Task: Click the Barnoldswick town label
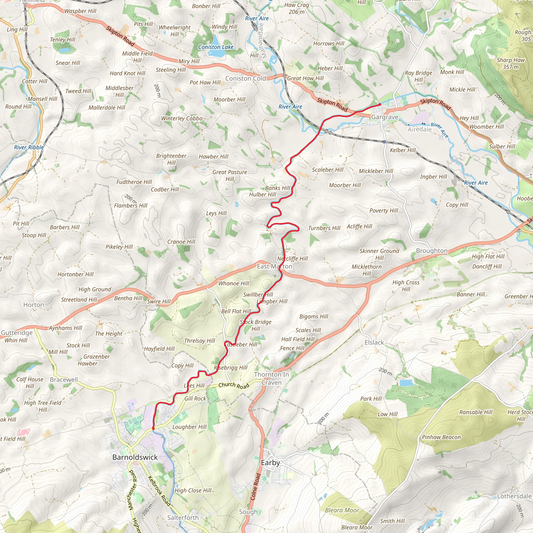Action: (x=135, y=457)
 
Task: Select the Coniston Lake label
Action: (x=216, y=47)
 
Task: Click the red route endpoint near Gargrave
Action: (x=380, y=104)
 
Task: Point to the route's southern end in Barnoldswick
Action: (x=153, y=428)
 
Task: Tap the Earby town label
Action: (x=270, y=463)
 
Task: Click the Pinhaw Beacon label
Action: (x=441, y=437)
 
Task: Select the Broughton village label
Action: (x=432, y=251)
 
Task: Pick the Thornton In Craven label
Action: (x=271, y=378)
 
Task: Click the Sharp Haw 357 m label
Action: (x=511, y=64)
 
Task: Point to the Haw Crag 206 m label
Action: (x=297, y=8)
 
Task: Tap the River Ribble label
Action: (x=29, y=147)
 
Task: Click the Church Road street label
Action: (x=234, y=385)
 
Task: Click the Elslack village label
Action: (x=374, y=342)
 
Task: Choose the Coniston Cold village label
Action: (x=245, y=78)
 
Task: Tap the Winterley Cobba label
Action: (x=182, y=118)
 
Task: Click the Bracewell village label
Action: (x=64, y=379)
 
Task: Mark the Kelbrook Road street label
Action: (x=160, y=491)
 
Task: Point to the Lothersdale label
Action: (x=514, y=496)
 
